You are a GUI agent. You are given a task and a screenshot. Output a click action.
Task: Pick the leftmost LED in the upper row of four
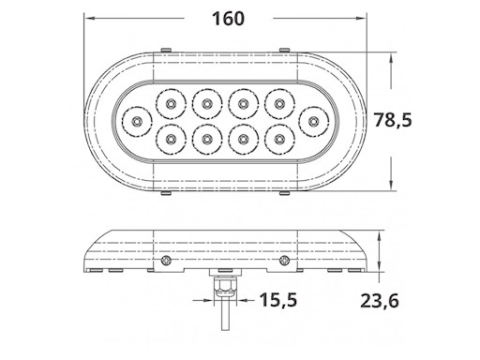click(170, 101)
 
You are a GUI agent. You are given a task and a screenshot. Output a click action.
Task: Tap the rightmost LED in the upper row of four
click(278, 101)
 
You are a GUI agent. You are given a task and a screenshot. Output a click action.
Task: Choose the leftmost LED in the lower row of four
click(170, 140)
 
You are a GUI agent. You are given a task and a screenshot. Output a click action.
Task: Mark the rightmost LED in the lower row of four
click(278, 140)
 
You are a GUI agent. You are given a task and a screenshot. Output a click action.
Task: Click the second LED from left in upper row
click(206, 101)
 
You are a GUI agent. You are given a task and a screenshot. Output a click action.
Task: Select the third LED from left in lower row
click(242, 140)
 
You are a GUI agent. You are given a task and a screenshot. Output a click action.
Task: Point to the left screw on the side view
click(166, 260)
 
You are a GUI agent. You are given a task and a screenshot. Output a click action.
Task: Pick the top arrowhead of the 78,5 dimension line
click(388, 57)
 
